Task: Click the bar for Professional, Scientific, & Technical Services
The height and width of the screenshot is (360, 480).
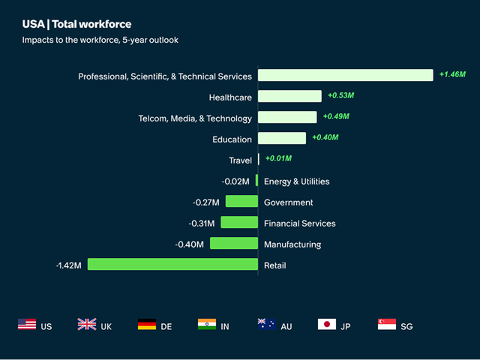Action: click(345, 75)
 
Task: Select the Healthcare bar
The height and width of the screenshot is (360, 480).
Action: click(289, 96)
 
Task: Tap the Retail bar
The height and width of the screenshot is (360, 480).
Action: click(172, 264)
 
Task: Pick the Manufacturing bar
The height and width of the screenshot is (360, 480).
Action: click(233, 243)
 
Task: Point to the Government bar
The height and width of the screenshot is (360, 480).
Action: click(241, 201)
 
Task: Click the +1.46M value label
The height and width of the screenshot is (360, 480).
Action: click(452, 74)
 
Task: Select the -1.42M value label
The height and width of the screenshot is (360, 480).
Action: click(69, 265)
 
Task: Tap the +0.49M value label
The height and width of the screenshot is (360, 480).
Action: click(336, 116)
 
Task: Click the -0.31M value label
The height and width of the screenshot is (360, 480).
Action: click(202, 223)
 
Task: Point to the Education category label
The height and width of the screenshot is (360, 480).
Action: click(232, 139)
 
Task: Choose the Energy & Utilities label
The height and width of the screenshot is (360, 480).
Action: click(296, 181)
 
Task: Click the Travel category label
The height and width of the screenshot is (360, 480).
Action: click(240, 160)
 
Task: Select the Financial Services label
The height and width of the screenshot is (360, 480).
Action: click(299, 223)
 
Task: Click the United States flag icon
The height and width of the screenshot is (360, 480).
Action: click(27, 325)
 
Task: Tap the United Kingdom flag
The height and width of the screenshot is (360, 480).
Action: click(87, 325)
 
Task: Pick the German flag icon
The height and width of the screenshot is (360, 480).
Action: click(147, 325)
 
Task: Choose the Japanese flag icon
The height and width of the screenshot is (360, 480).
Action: click(327, 325)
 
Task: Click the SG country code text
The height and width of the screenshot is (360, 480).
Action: click(406, 326)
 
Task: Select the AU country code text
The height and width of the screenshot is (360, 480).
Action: click(286, 326)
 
